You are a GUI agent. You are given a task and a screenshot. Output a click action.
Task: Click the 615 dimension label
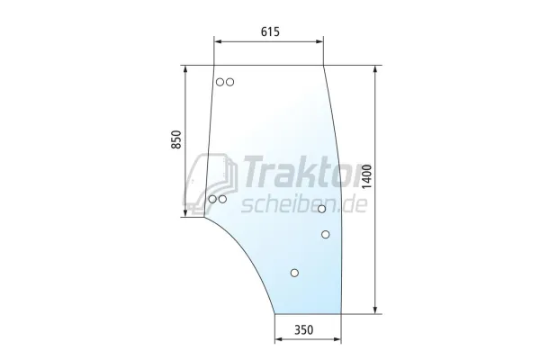click(x=269, y=31)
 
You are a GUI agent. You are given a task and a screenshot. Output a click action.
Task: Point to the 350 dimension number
click(x=304, y=330)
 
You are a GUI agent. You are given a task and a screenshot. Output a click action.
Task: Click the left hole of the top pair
click(x=220, y=82)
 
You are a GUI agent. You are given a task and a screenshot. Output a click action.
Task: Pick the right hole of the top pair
click(x=230, y=82)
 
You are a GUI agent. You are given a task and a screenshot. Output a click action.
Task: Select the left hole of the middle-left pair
click(x=212, y=199)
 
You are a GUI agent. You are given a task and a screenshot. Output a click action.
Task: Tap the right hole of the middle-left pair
click(x=222, y=199)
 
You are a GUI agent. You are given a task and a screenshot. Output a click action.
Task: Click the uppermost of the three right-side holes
click(x=321, y=209)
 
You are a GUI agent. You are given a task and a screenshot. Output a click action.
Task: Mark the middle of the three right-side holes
click(x=326, y=234)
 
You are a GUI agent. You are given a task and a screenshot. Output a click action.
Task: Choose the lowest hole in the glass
click(x=294, y=273)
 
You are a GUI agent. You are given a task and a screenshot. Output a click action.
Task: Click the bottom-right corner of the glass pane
click(x=342, y=314)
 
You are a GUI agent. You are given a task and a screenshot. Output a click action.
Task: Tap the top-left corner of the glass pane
click(x=214, y=66)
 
